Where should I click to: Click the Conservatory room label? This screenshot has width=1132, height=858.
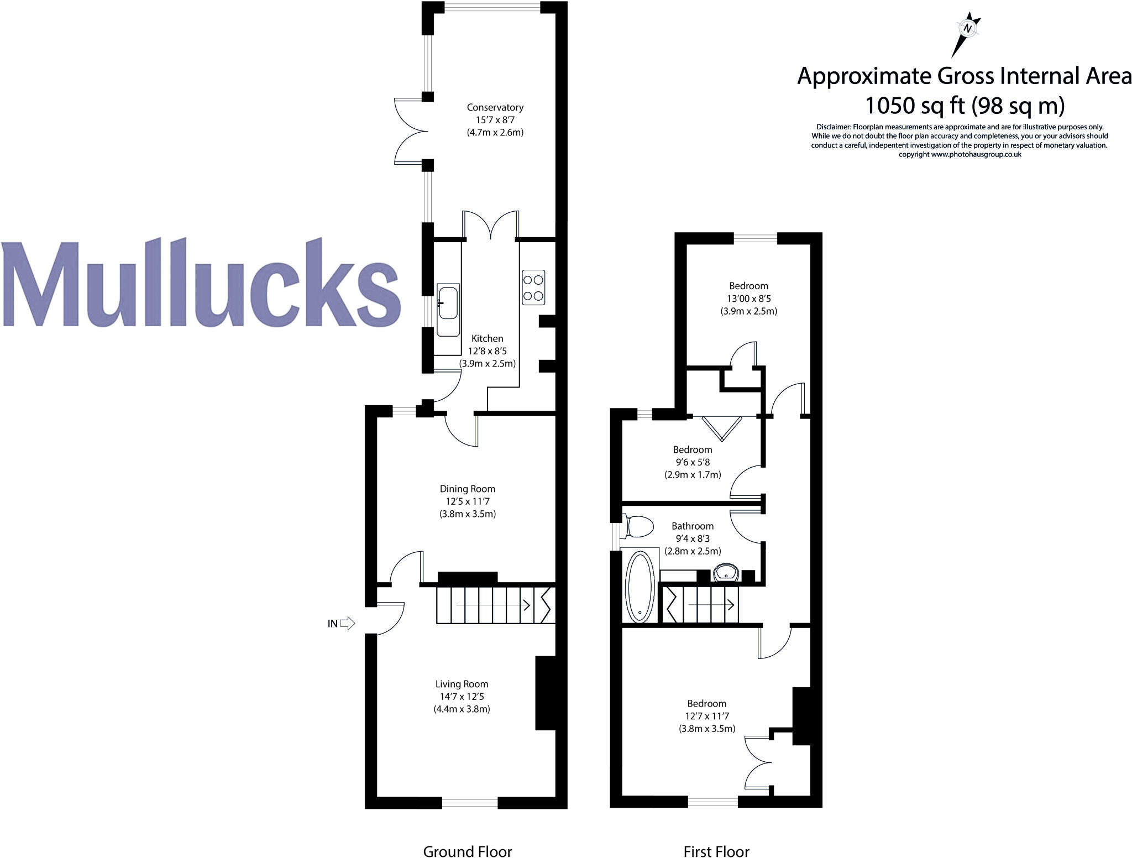[x=495, y=107]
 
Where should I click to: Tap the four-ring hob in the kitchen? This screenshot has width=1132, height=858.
[x=533, y=287]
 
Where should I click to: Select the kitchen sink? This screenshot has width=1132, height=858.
[x=448, y=310]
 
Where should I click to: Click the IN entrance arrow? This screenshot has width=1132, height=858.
[x=347, y=624]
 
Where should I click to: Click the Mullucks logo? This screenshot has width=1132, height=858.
[x=200, y=283]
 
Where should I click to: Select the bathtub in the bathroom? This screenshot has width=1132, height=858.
[x=640, y=585]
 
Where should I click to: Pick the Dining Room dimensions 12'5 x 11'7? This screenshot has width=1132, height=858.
[x=468, y=501]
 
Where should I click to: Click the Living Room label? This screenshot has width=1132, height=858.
[x=462, y=684]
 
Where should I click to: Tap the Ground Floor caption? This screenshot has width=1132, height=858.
[x=468, y=851]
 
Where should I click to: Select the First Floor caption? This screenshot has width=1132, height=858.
[x=716, y=851]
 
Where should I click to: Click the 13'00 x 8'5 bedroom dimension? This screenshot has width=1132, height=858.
[x=748, y=299]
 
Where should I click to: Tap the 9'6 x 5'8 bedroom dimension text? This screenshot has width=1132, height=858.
[x=693, y=462]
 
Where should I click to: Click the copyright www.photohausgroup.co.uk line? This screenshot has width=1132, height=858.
[x=960, y=155]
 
